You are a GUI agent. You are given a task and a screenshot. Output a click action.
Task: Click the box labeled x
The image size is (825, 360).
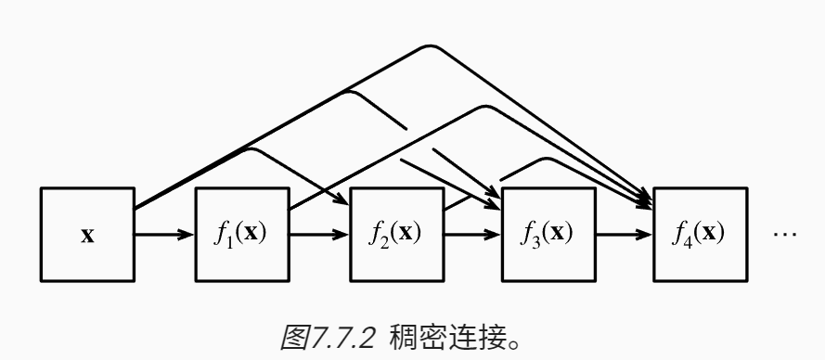pyautogui.click(x=87, y=234)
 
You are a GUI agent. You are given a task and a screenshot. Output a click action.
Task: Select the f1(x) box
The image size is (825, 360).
pyautogui.click(x=241, y=234)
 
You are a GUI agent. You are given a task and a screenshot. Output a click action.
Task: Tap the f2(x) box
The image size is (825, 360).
pyautogui.click(x=394, y=234)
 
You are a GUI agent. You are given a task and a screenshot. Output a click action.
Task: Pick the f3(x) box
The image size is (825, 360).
pyautogui.click(x=548, y=234)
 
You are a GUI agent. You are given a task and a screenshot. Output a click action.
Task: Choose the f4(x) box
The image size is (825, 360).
pyautogui.click(x=701, y=234)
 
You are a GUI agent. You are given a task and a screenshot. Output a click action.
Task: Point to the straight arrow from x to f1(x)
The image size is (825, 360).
pyautogui.click(x=164, y=234)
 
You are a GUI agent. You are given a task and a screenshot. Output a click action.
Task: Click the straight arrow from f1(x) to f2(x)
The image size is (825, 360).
pyautogui.click(x=318, y=234)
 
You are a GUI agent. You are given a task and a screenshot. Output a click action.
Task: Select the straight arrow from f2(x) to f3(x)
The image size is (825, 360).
pyautogui.click(x=471, y=234)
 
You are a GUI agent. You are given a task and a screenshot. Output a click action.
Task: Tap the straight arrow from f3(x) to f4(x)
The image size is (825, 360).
pyautogui.click(x=625, y=234)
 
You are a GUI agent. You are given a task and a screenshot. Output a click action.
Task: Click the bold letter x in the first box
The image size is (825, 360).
pyautogui.click(x=87, y=235)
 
